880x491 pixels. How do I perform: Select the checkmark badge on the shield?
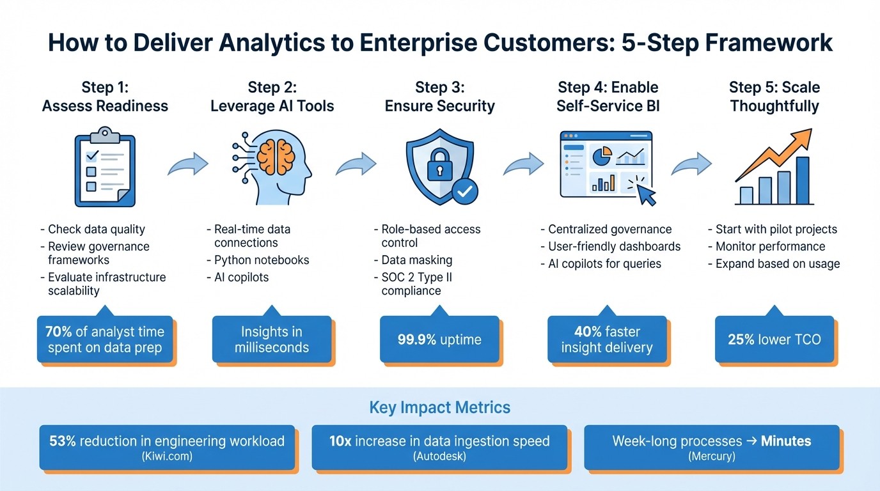(464, 191)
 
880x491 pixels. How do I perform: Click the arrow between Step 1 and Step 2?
(188, 164)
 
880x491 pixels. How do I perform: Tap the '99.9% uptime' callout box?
(439, 339)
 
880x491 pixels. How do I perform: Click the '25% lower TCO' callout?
(774, 339)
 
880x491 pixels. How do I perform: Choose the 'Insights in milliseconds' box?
(272, 339)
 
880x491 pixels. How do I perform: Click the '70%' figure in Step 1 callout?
(59, 332)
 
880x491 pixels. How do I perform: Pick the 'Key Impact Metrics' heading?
(440, 407)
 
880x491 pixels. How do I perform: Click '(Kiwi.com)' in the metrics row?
(167, 456)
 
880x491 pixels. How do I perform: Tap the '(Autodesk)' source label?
(439, 456)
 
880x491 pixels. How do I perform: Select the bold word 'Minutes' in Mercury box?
(785, 441)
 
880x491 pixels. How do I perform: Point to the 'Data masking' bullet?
(416, 260)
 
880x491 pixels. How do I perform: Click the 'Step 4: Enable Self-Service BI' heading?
(608, 97)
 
